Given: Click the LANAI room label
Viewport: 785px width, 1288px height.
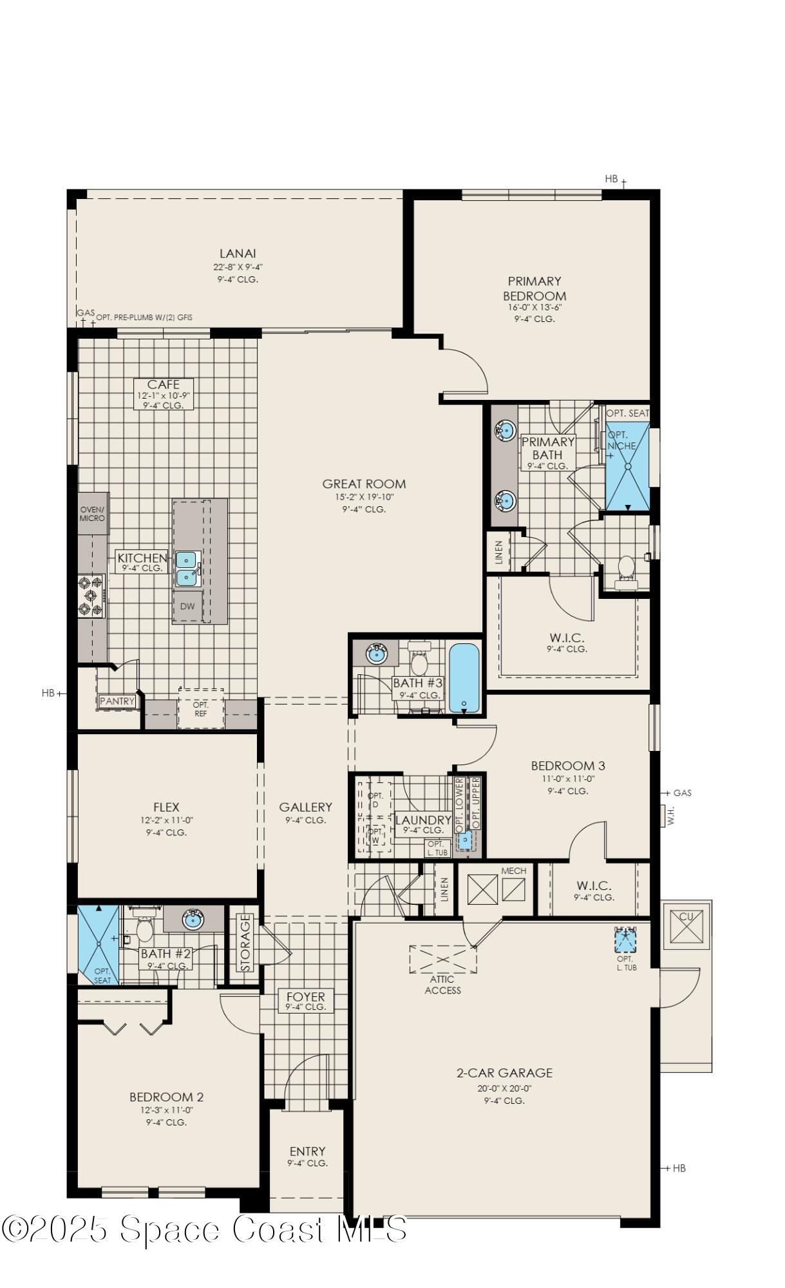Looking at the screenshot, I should (237, 254).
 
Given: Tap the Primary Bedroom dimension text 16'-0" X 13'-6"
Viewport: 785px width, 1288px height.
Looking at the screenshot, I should (534, 307).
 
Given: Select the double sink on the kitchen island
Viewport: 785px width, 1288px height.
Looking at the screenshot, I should (187, 568).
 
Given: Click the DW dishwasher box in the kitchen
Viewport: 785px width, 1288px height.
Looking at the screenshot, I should (187, 606).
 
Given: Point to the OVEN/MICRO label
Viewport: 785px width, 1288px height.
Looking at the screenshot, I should (92, 514).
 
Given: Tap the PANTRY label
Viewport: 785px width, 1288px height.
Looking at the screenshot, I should (117, 701).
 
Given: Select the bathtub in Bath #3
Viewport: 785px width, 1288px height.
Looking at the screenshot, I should (464, 678).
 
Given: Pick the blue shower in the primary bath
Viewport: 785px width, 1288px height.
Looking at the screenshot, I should (627, 466).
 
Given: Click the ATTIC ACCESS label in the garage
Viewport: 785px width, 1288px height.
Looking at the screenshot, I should (442, 985).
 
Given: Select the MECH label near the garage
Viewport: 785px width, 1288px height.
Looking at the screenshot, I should (513, 871).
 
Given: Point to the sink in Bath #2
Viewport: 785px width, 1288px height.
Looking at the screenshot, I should (193, 920).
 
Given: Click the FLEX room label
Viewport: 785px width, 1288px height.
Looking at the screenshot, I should (166, 807).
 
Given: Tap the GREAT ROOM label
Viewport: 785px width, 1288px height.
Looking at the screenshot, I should (364, 484).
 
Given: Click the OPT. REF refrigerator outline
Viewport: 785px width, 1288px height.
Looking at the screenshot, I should (201, 709).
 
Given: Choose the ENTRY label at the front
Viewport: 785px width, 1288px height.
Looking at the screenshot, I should (307, 1151).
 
